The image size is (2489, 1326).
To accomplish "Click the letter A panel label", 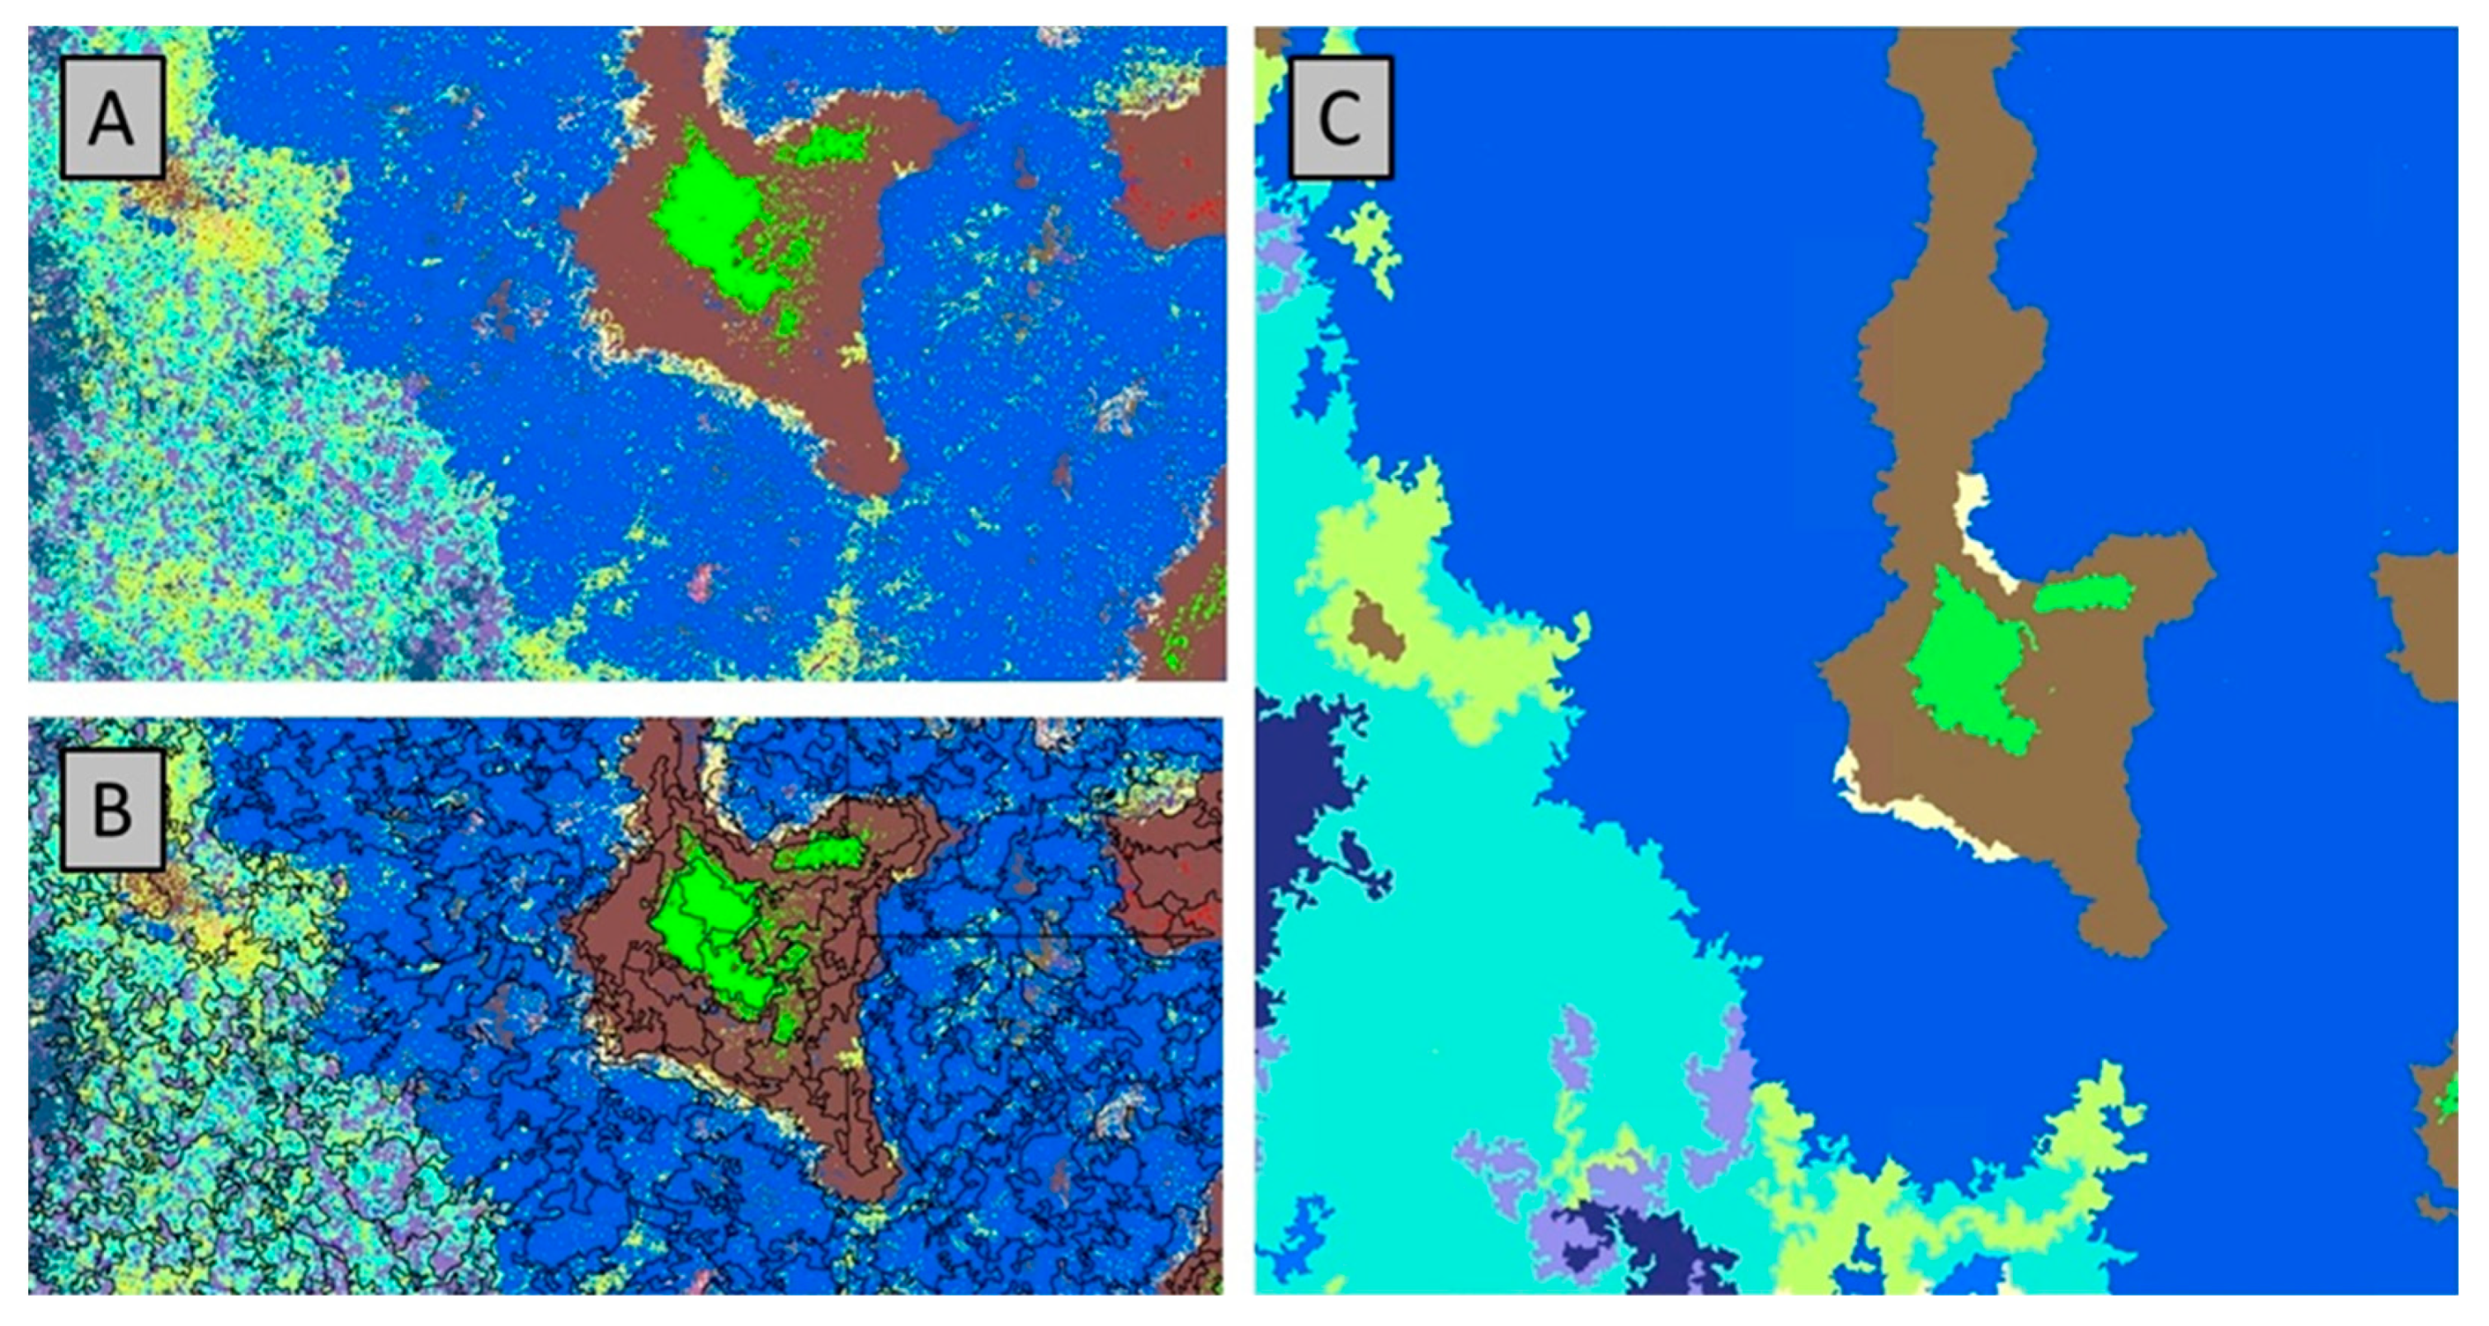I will click(111, 118).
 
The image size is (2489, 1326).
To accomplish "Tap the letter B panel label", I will click(111, 809).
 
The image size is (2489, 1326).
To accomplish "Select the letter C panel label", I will click(1339, 118).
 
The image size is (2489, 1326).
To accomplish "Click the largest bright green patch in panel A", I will click(710, 218).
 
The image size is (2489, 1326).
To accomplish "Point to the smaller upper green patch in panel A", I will click(822, 145).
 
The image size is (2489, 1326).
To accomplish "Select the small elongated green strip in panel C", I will click(2082, 593).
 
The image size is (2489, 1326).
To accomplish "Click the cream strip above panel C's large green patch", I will click(1976, 526).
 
